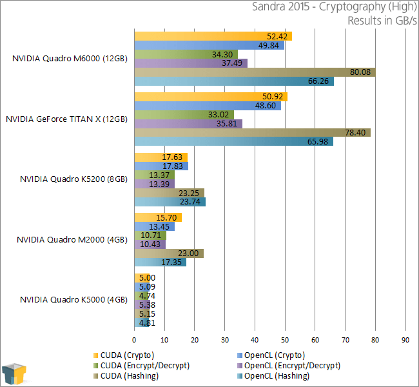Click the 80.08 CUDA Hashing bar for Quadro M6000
[x=255, y=72]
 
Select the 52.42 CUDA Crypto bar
[x=213, y=36]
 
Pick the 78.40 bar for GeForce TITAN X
[x=252, y=133]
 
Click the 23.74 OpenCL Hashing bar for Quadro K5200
[x=170, y=202]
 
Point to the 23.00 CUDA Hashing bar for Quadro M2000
[x=169, y=253]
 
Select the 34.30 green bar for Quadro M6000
[x=186, y=54]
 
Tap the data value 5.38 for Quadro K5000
[x=147, y=304]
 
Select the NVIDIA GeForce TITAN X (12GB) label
[x=66, y=119]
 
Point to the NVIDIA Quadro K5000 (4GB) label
[x=73, y=299]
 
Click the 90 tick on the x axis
[x=405, y=339]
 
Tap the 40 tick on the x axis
[x=255, y=339]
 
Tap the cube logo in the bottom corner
[x=15, y=373]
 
